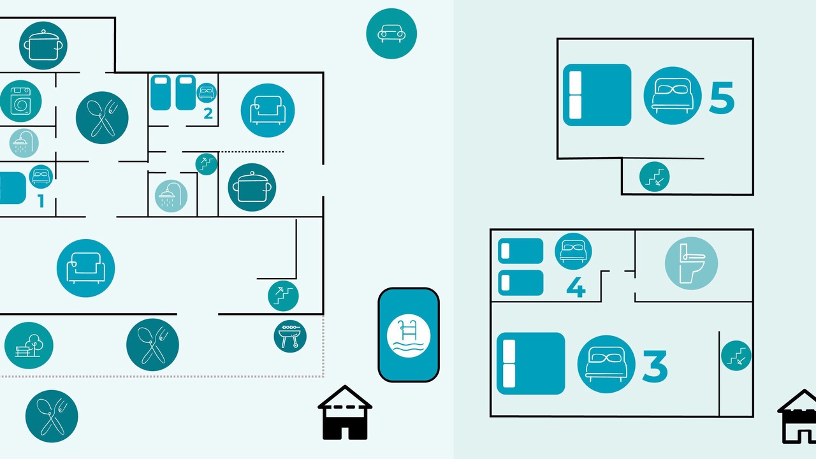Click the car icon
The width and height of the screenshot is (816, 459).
coord(391,34)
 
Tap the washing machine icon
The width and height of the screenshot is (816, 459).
coord(20,101)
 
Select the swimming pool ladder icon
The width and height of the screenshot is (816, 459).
coord(409,335)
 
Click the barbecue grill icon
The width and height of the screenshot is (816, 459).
coord(290,336)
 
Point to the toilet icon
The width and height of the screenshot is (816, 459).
coord(691,263)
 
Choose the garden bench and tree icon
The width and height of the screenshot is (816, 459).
coord(29,346)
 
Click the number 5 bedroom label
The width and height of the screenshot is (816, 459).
coord(722,98)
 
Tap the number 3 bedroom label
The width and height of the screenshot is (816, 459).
coord(655,366)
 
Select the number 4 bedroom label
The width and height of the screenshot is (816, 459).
coord(576,287)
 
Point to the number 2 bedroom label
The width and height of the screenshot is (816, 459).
coord(208,113)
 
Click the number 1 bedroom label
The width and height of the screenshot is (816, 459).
coord(41,201)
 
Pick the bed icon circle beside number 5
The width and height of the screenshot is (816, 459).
coord(673,96)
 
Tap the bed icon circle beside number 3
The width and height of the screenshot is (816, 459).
coord(606,364)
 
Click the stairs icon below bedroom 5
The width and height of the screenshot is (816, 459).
coord(654,177)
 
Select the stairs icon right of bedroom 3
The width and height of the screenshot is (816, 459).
coord(736,356)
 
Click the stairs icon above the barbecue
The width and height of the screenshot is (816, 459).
coord(283,296)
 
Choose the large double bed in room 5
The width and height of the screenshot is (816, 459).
coord(597,95)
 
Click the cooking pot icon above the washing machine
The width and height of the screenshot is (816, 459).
coord(43,45)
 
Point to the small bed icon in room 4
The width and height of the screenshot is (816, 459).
coord(573,251)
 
